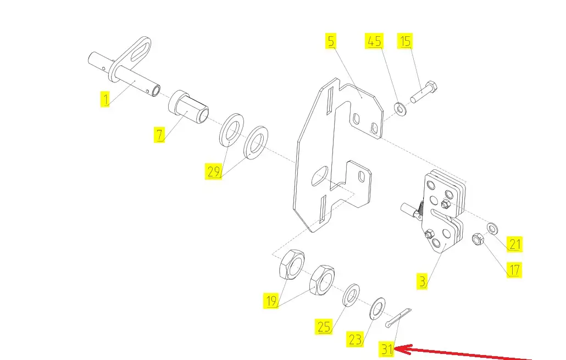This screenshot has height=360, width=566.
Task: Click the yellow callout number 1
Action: tap(104, 99)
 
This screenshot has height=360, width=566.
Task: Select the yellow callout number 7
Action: tap(159, 135)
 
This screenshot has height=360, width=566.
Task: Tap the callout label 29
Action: tap(213, 171)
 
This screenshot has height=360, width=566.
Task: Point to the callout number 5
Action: tap(331, 41)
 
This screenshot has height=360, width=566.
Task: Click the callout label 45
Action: tap(374, 41)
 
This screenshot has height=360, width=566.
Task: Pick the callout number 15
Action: tap(405, 41)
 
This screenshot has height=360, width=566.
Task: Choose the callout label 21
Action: tap(514, 243)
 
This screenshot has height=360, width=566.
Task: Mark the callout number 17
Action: tap(514, 270)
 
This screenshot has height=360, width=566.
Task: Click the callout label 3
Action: tap(422, 281)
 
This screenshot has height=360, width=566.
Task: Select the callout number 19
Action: tap(271, 301)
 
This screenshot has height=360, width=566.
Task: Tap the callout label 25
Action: tap(324, 326)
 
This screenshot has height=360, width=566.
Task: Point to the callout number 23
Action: tap(355, 340)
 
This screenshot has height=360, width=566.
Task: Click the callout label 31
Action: tap(387, 349)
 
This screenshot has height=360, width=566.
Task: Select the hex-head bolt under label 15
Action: tap(424, 92)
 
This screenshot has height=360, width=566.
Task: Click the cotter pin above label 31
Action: tap(398, 318)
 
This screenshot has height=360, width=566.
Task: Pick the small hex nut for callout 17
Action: tap(478, 239)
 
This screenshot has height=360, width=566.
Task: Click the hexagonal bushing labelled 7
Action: tap(188, 107)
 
